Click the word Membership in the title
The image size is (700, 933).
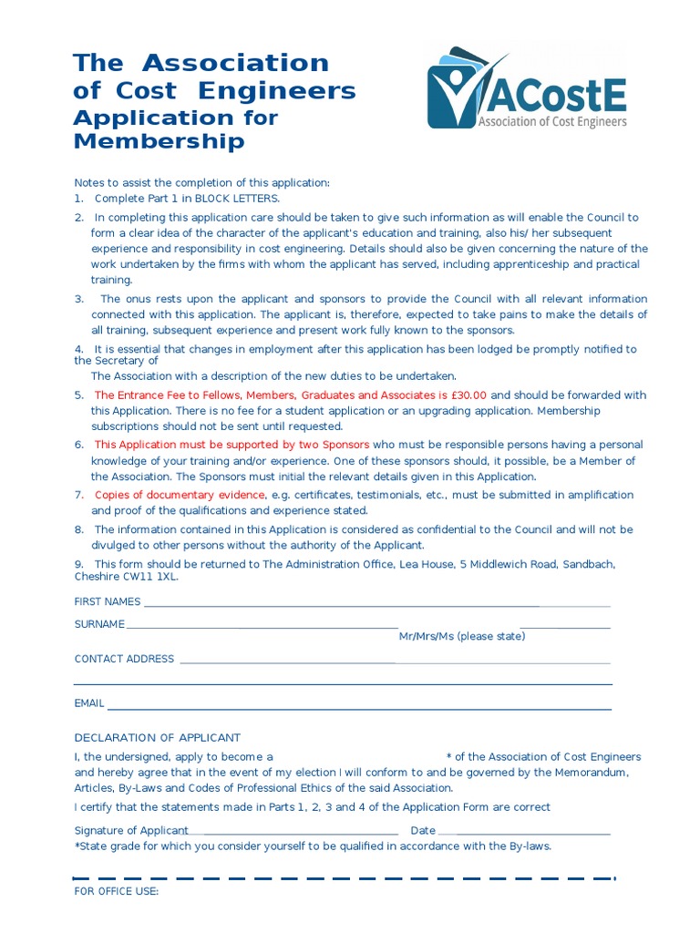tap(159, 141)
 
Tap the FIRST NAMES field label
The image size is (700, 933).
tap(108, 601)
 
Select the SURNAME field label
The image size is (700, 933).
tap(99, 624)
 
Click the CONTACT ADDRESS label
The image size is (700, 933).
tap(124, 659)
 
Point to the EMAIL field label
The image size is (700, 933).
tap(89, 703)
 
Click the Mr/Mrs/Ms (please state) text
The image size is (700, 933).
tap(461, 636)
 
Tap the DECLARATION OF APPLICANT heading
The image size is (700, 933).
tap(157, 737)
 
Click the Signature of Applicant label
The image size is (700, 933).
tap(131, 830)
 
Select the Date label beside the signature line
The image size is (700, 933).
tap(423, 830)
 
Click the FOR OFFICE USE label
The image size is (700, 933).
tap(116, 891)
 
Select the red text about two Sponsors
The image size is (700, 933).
tap(232, 445)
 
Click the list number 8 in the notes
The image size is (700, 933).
tap(78, 529)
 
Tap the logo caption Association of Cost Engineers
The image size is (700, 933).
tap(552, 121)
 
